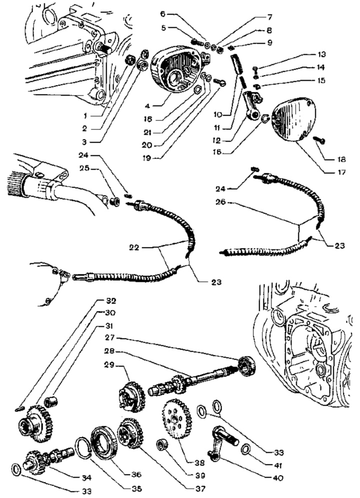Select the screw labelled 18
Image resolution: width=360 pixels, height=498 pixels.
(319, 139)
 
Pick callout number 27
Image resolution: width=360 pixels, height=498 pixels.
(109, 337)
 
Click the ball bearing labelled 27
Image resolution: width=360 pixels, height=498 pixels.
(247, 366)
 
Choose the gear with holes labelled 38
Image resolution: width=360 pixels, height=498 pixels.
(176, 418)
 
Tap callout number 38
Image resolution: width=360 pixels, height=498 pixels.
(199, 463)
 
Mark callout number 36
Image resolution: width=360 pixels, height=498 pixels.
(136, 475)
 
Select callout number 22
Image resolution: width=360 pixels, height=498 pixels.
(134, 247)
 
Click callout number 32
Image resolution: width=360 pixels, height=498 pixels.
(111, 301)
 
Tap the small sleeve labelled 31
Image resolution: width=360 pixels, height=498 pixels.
(50, 401)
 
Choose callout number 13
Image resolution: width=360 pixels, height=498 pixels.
(321, 54)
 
